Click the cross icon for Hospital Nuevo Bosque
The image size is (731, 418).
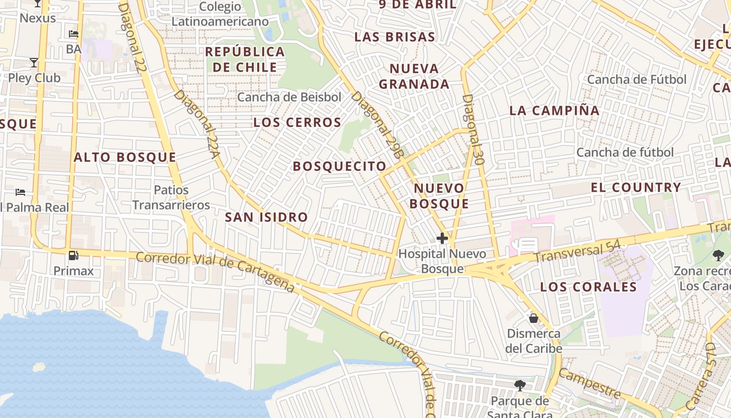(x=442, y=239)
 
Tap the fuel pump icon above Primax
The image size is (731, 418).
(x=74, y=256)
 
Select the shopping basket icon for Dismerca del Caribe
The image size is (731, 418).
(x=534, y=318)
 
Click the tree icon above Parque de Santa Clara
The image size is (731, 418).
(x=520, y=386)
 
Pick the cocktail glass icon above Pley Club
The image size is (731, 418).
(x=34, y=63)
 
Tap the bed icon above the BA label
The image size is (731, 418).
(x=74, y=34)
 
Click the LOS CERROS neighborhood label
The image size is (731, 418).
(x=297, y=123)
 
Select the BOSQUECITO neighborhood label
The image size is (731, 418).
(x=339, y=167)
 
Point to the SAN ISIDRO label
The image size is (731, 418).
(x=266, y=217)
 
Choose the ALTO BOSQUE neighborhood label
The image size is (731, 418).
(x=125, y=157)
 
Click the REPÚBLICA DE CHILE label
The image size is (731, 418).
(x=245, y=60)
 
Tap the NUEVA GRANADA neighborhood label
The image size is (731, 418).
(x=414, y=76)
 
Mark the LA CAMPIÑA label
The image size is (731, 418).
(x=555, y=111)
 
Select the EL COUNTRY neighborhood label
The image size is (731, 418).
(x=636, y=188)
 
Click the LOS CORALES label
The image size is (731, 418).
(x=588, y=287)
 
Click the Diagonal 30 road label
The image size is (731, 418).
(x=474, y=130)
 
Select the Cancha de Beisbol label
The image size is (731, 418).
(x=289, y=97)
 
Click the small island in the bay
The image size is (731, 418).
(x=39, y=367)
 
